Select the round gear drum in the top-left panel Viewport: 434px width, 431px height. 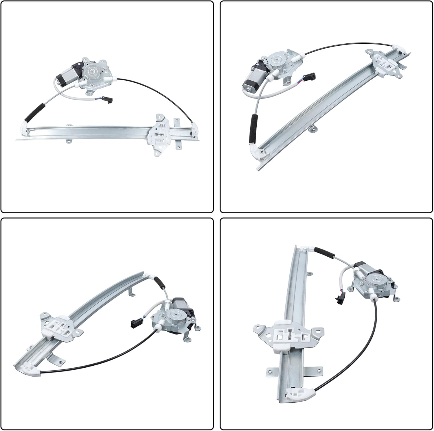(x=93, y=71)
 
